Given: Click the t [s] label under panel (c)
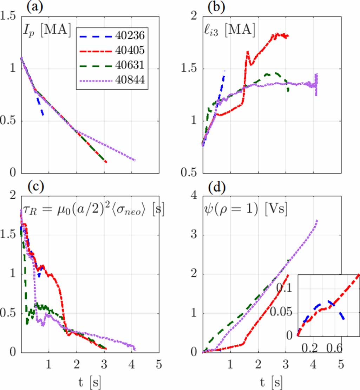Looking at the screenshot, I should (x=90, y=381).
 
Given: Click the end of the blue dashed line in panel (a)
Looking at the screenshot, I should (x=43, y=116).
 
